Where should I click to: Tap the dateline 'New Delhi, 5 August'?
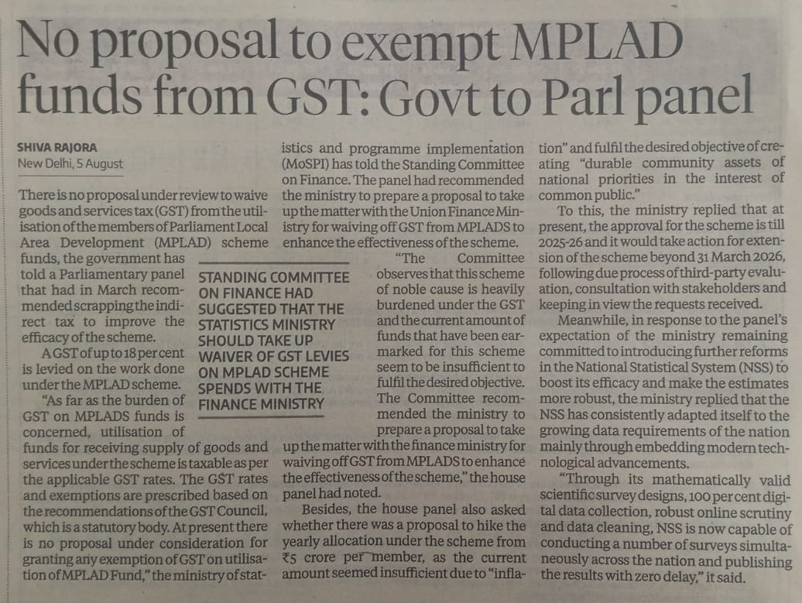pos(70,163)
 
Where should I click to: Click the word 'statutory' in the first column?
pos(120,526)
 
